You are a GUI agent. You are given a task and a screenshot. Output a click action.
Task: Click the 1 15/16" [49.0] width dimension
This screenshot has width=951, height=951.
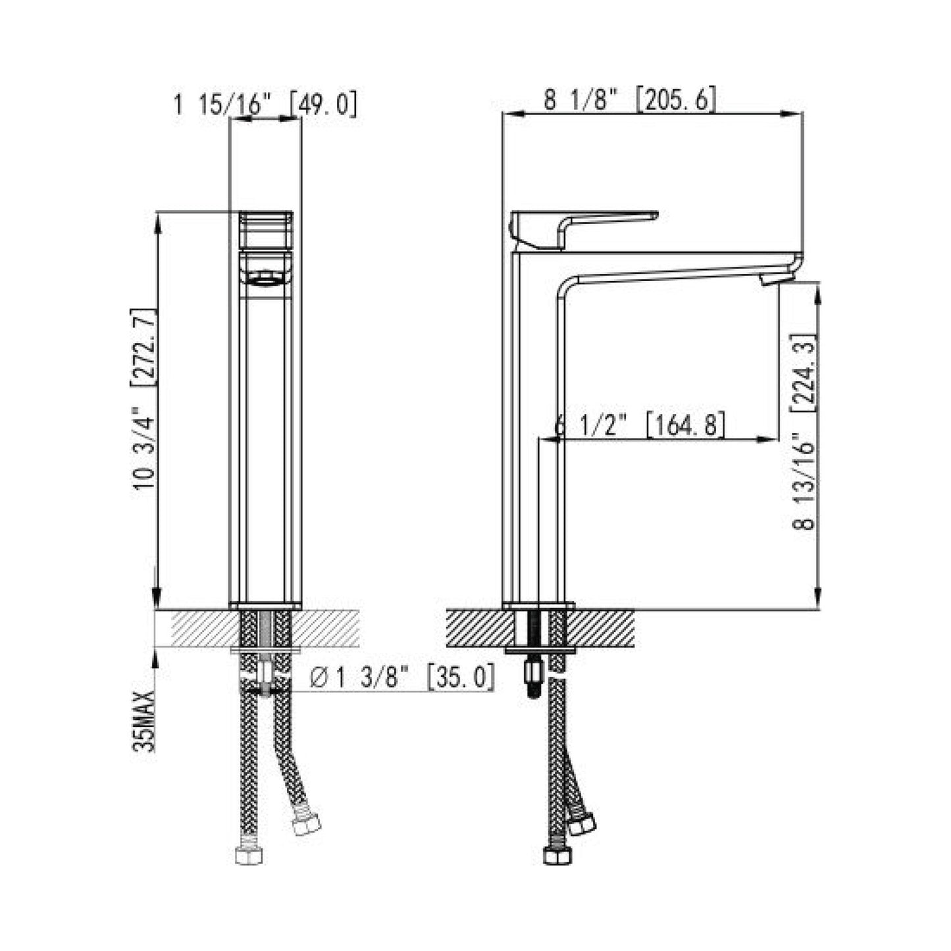click(265, 105)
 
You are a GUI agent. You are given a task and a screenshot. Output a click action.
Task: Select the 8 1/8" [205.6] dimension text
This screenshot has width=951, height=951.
click(629, 101)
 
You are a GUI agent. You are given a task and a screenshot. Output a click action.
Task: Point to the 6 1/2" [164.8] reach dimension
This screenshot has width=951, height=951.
click(640, 425)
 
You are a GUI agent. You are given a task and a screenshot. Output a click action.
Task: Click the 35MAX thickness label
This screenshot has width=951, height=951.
click(143, 721)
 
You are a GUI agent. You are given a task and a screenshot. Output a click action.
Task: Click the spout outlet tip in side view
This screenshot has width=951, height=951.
click(775, 279)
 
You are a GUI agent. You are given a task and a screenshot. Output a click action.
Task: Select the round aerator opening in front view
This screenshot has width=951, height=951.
click(265, 279)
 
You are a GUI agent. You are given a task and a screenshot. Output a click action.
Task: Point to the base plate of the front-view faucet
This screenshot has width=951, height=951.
click(265, 605)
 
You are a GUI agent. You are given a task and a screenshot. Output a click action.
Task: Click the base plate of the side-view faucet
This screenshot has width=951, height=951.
click(538, 605)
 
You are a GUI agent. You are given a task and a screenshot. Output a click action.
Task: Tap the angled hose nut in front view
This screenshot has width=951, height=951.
click(306, 824)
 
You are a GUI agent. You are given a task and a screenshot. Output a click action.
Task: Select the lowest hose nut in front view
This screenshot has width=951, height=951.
click(248, 855)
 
